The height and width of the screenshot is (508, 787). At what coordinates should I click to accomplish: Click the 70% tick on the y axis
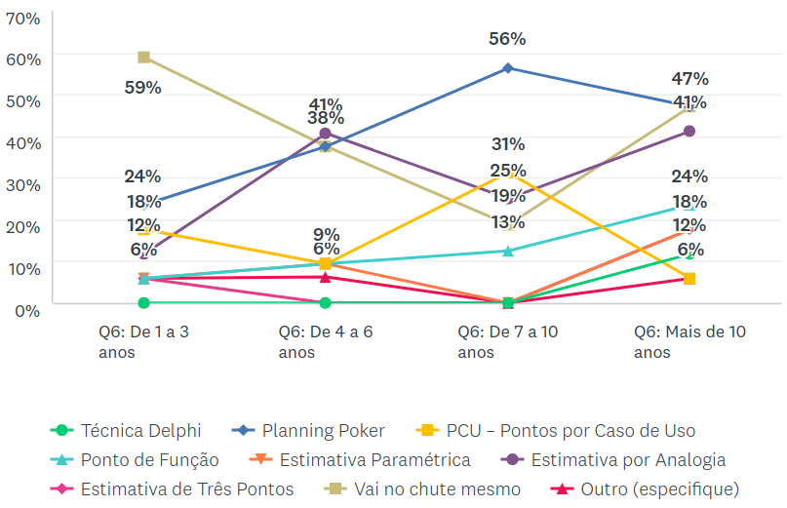click(23, 18)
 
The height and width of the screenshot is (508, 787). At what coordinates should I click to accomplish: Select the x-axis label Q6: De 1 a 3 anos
click(143, 341)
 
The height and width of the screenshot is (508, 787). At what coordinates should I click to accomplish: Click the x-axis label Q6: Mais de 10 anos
click(689, 341)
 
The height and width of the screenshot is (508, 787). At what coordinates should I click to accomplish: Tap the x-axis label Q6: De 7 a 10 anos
click(507, 341)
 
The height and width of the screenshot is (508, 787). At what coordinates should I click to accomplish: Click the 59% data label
click(143, 87)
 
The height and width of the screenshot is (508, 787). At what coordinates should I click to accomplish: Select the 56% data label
click(507, 39)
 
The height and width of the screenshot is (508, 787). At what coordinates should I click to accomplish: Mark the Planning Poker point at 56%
click(508, 68)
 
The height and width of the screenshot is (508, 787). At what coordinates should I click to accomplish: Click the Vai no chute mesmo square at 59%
click(143, 58)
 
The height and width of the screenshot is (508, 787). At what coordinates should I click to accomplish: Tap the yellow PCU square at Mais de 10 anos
click(689, 279)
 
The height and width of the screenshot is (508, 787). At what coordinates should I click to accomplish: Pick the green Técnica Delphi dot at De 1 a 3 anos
click(143, 303)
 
